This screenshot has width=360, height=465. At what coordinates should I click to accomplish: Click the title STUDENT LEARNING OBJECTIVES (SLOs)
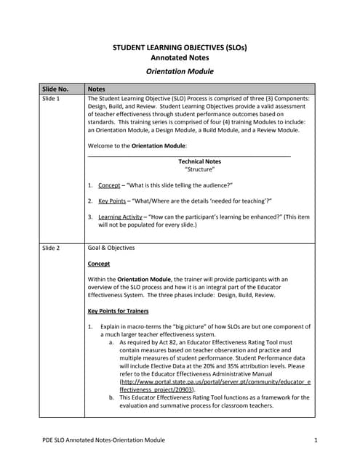pos(179,47)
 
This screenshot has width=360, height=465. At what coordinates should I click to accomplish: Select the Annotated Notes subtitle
pos(179,57)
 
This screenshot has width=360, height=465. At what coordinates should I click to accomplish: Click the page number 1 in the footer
pos(317,440)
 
